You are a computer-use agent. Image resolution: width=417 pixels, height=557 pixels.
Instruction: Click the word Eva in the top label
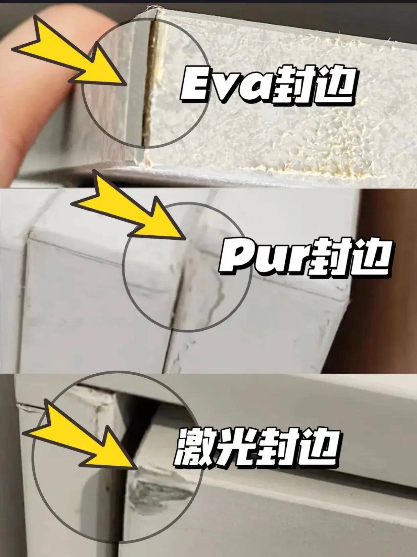224,84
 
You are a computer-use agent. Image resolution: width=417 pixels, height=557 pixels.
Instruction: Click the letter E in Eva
195,84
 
